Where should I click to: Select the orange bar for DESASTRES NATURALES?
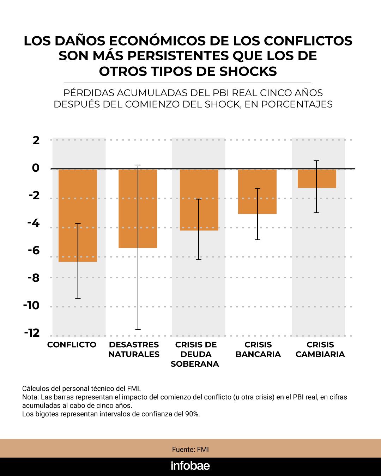coord(138,208)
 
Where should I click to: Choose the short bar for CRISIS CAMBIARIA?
coord(317,178)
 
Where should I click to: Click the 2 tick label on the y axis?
coord(36,140)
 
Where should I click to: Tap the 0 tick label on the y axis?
coord(36,168)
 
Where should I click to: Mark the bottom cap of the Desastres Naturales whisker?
coord(138,330)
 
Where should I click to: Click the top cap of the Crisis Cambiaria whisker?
coord(317,160)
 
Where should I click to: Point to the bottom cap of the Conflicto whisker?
coord(78,298)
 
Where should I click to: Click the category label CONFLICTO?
coord(72,345)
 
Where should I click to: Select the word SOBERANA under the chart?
coord(195,364)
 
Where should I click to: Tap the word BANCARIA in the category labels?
coord(258,354)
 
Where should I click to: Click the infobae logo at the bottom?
coord(190,466)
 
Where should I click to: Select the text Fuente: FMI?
coord(190,450)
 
